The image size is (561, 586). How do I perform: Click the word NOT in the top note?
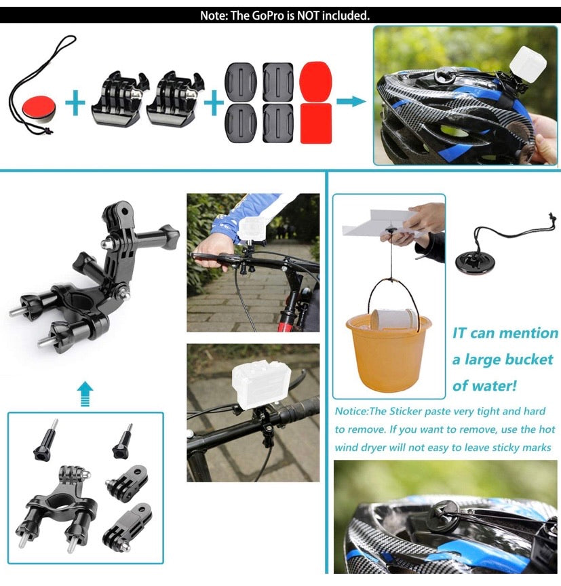click(298, 15)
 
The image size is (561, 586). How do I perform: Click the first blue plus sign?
click(77, 104)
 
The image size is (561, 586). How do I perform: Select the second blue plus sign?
click(214, 102)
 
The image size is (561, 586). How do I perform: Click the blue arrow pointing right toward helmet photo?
click(351, 102)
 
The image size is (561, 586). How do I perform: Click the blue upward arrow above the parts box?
click(85, 393)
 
